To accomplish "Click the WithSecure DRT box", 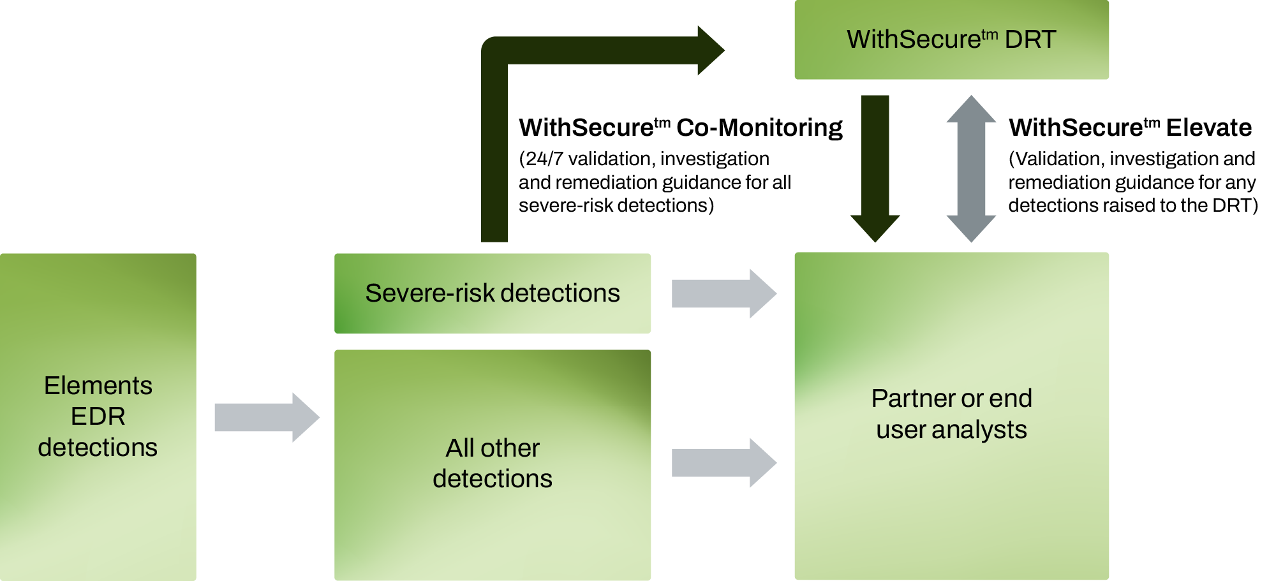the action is coord(951,40).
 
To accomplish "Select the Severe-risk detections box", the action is coord(493,293).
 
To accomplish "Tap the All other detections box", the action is coord(493,465).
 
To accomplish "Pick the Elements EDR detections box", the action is coord(98,417).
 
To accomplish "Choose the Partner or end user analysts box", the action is coord(951,416).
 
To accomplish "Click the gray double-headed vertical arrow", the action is coord(971,168).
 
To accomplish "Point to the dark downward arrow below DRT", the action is coord(875,168).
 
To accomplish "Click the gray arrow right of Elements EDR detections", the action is coord(267,417).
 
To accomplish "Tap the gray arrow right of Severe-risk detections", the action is coord(724,293).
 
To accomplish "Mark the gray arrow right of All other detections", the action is coord(724,462).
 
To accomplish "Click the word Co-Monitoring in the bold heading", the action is coord(759,128).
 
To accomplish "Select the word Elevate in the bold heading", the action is coord(1209,128).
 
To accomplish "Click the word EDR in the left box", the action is coord(98,416).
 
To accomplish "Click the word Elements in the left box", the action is coord(98,386).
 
